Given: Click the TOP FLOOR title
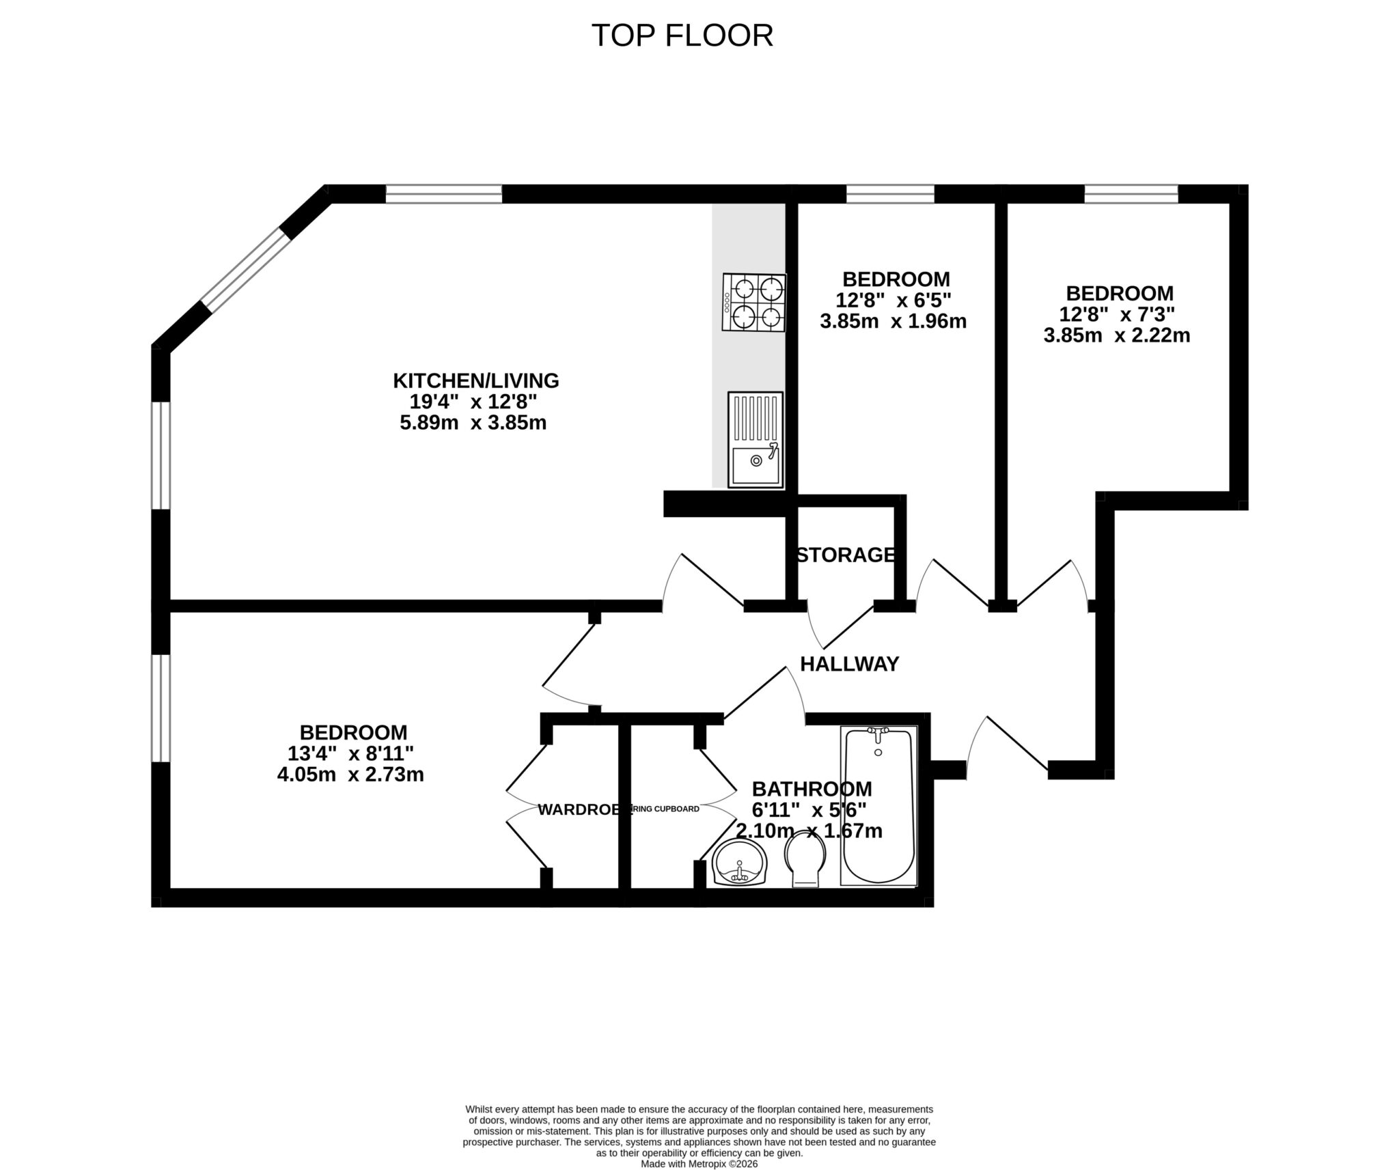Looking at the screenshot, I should pyautogui.click(x=681, y=36).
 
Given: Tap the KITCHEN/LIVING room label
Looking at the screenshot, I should pyautogui.click(x=475, y=380).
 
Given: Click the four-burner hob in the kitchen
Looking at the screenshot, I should pyautogui.click(x=754, y=303).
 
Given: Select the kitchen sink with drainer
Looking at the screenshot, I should pyautogui.click(x=755, y=439).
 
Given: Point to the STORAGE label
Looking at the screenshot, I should pyautogui.click(x=846, y=555).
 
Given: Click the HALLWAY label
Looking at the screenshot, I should pyautogui.click(x=849, y=663).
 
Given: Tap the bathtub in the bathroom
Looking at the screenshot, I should pyautogui.click(x=878, y=805).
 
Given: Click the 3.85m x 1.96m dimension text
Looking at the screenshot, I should pyautogui.click(x=893, y=321).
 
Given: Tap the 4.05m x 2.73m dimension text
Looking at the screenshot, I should pyautogui.click(x=350, y=775).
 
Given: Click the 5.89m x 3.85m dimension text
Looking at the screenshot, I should pyautogui.click(x=473, y=423).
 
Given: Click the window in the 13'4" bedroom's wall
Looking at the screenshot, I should pyautogui.click(x=160, y=708).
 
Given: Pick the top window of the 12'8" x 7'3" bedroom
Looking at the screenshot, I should pyautogui.click(x=1131, y=194).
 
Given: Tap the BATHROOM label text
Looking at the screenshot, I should pyautogui.click(x=812, y=789).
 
